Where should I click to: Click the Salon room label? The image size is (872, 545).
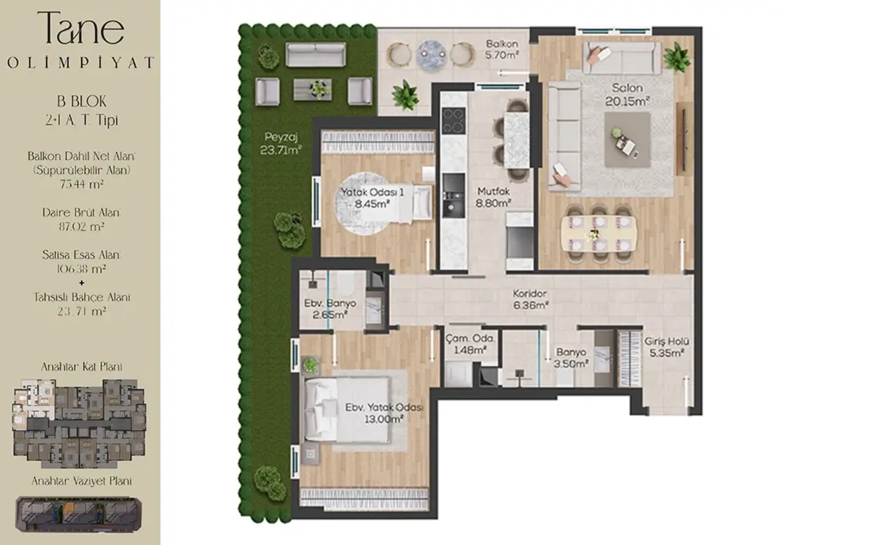click(627, 95)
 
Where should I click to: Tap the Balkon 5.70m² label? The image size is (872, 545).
click(502, 50)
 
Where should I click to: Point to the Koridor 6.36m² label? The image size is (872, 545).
click(530, 299)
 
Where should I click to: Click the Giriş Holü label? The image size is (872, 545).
click(667, 341)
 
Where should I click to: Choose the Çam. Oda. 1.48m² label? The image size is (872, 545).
click(470, 344)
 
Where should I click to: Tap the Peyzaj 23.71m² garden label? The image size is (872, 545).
click(281, 143)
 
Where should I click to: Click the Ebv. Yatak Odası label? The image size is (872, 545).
click(384, 407)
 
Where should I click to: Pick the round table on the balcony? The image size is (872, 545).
click(431, 56)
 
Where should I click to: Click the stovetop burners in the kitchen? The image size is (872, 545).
click(454, 120)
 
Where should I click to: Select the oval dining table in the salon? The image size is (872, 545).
click(599, 234)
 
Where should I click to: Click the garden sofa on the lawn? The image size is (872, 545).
click(316, 55)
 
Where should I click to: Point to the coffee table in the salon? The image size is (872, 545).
click(627, 140)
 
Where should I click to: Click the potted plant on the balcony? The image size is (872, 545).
click(405, 95)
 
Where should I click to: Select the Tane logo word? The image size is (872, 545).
click(81, 28)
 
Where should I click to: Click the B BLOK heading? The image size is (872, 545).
click(81, 101)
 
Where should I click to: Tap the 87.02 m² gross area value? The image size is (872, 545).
click(81, 227)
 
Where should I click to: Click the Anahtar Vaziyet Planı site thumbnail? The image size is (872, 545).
click(78, 514)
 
